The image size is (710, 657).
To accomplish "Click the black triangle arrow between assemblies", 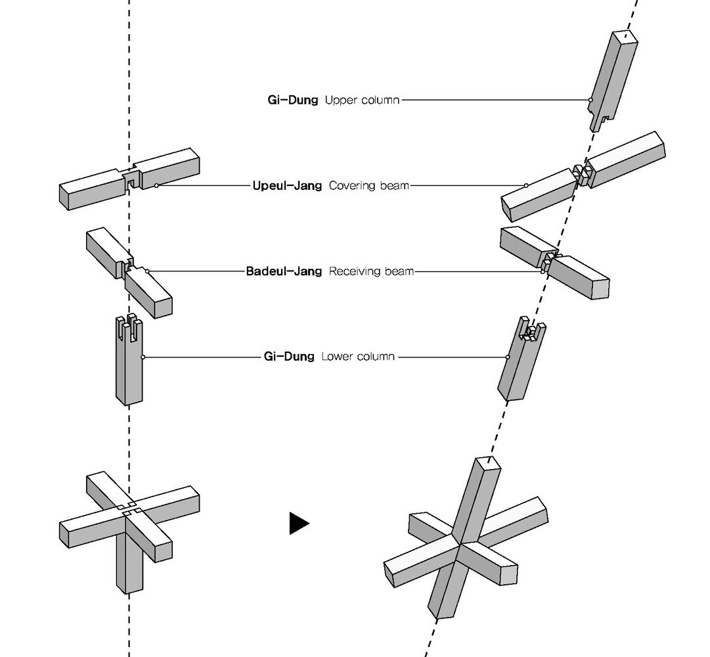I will [x=298, y=523].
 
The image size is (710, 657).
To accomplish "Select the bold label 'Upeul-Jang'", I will [x=287, y=186].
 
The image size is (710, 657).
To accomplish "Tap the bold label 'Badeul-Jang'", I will [x=284, y=271].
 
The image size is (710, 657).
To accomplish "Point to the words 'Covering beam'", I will [x=368, y=186].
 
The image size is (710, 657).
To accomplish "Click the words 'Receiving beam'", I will [x=371, y=271].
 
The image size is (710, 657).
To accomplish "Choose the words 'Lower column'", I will [x=358, y=357].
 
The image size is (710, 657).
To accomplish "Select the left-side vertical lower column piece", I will [x=129, y=368].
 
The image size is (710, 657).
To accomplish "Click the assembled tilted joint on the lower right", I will [x=465, y=539].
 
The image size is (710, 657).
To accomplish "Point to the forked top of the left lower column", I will [x=129, y=327].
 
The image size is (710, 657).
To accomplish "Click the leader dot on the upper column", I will [x=591, y=101].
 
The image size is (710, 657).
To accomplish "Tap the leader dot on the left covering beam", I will [x=156, y=186].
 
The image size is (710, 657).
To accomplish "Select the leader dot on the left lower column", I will [x=143, y=357].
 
